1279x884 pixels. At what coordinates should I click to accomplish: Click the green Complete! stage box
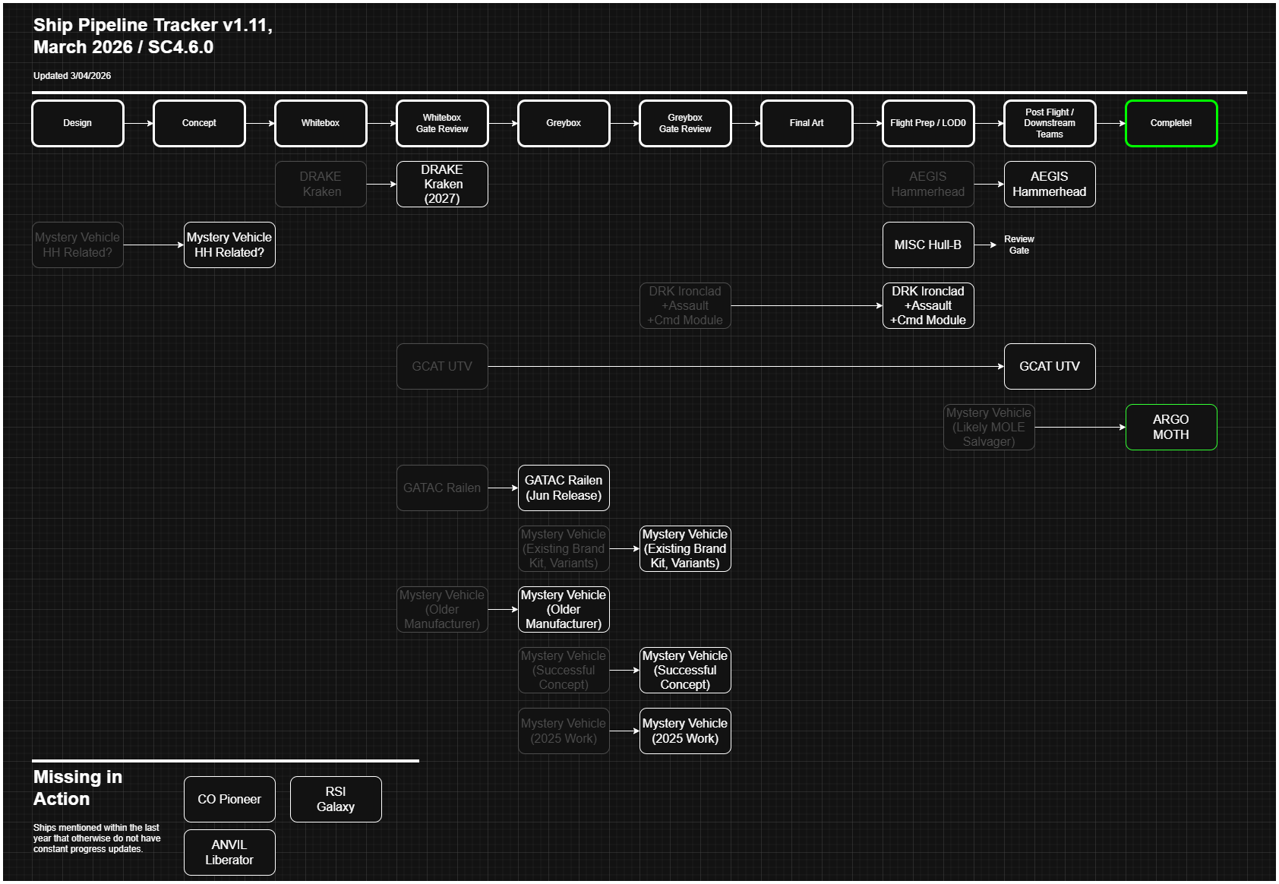click(1170, 123)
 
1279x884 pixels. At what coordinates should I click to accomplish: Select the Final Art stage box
click(806, 123)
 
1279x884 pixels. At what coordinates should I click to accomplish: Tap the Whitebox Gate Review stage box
click(441, 123)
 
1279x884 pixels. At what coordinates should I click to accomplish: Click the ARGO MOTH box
click(1170, 427)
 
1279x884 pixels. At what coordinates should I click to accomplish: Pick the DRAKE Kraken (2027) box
click(441, 184)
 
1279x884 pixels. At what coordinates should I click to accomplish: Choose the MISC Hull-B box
click(927, 245)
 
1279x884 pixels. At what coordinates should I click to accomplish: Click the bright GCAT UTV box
click(1049, 366)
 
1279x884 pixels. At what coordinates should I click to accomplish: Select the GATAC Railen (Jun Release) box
click(563, 488)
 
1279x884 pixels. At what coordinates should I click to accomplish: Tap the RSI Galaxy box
click(335, 799)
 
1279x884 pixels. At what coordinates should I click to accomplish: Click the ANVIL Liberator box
click(229, 852)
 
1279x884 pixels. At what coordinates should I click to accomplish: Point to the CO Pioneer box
click(229, 799)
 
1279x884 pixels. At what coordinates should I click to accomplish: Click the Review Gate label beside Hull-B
click(1018, 245)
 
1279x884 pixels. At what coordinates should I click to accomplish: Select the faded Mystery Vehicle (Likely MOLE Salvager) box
click(988, 427)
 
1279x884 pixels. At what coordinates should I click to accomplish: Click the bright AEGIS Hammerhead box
click(1049, 184)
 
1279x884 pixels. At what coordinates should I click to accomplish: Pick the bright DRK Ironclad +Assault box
click(927, 305)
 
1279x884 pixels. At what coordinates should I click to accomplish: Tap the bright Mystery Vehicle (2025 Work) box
click(684, 731)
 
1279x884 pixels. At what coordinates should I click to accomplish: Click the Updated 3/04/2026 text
click(72, 76)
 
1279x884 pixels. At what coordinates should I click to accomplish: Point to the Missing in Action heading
click(77, 788)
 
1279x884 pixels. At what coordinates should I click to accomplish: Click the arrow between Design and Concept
click(138, 123)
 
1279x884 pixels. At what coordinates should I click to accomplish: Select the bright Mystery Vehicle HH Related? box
click(229, 245)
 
